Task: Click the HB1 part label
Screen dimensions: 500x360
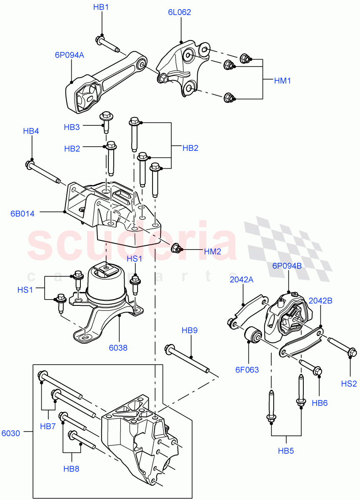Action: coord(101,7)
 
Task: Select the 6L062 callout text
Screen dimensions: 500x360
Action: coord(180,12)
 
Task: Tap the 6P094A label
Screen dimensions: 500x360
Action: coord(70,55)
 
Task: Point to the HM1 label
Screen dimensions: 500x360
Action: coord(282,81)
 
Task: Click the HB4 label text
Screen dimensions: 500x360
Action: coord(31,131)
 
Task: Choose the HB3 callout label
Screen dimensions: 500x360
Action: coord(72,127)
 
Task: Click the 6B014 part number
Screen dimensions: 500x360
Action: coord(22,214)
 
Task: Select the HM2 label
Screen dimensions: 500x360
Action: coord(212,252)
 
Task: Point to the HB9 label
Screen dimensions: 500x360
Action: coord(190,330)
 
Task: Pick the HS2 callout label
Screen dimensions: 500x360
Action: coord(349,384)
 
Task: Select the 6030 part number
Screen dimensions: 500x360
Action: coord(10,433)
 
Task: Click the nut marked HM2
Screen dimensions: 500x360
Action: coord(176,249)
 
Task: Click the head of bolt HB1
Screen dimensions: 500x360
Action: coord(100,40)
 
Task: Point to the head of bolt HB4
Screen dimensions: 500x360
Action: coord(30,165)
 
